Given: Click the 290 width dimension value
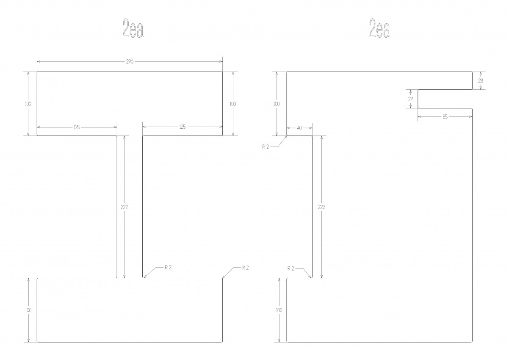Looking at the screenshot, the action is pyautogui.click(x=130, y=61).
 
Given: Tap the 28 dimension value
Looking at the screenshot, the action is pyautogui.click(x=481, y=80).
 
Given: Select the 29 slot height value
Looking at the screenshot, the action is pyautogui.click(x=410, y=99).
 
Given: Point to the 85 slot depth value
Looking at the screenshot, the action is pyautogui.click(x=445, y=116).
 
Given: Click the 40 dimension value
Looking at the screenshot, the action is pyautogui.click(x=299, y=128).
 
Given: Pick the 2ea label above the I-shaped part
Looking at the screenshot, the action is pyautogui.click(x=133, y=28).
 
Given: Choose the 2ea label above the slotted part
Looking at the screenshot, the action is pyautogui.click(x=380, y=28).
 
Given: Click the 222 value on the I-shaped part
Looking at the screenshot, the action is pyautogui.click(x=125, y=207).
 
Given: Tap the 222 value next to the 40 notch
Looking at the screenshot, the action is pyautogui.click(x=321, y=207).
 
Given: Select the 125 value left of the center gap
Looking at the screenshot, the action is pyautogui.click(x=77, y=127).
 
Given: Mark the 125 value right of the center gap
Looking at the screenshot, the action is pyautogui.click(x=183, y=127).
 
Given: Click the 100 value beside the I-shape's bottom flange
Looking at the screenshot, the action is pyautogui.click(x=28, y=310).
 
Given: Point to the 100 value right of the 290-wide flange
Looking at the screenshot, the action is pyautogui.click(x=233, y=104).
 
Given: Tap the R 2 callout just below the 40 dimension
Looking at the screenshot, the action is pyautogui.click(x=266, y=147).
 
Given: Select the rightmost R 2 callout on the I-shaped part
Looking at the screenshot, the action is pyautogui.click(x=246, y=268).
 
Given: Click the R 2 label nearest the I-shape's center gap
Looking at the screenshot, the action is pyautogui.click(x=168, y=268).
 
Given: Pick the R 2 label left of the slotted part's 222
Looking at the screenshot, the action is pyautogui.click(x=291, y=269).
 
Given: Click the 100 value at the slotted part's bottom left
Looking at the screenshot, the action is pyautogui.click(x=279, y=310).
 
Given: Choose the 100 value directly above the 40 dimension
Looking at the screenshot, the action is pyautogui.click(x=277, y=104).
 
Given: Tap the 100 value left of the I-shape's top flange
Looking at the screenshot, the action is pyautogui.click(x=28, y=104).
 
